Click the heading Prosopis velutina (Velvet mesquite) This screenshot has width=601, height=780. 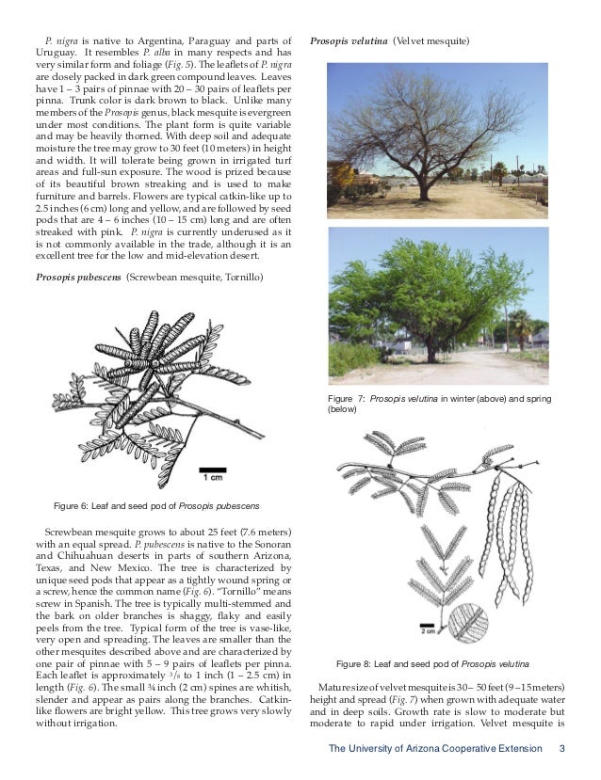tap(389, 42)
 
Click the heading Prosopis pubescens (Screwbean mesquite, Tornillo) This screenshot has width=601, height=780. tap(150, 278)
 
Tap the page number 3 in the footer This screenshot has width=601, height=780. tap(561, 749)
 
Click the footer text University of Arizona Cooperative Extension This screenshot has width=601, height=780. tap(435, 749)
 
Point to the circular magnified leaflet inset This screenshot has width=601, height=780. tap(468, 622)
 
